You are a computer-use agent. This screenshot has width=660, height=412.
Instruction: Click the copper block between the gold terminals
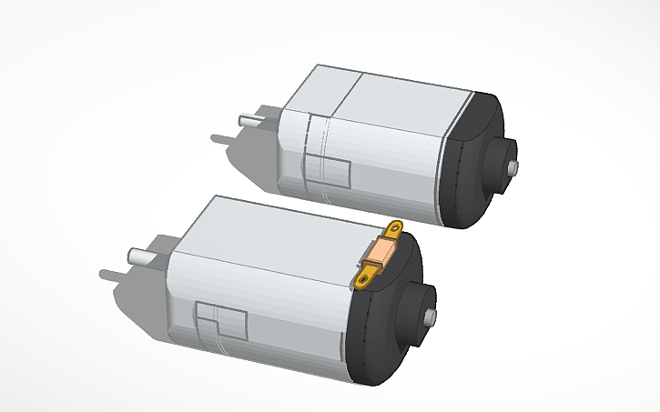384,252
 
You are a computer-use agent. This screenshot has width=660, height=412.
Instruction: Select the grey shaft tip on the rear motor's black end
513,168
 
